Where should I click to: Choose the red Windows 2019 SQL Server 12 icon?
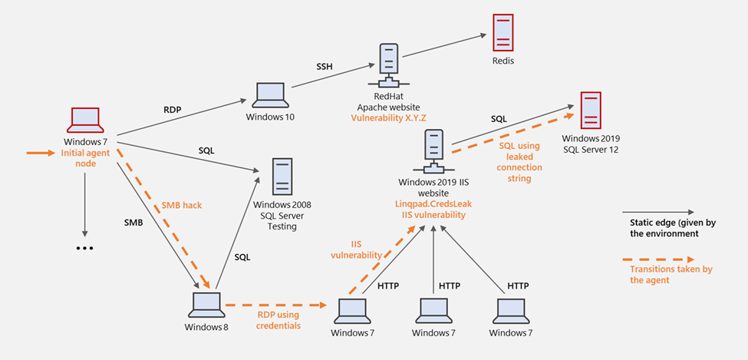click(x=590, y=111)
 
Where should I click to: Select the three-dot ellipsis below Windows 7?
click(x=85, y=248)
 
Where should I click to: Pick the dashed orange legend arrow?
click(x=660, y=258)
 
